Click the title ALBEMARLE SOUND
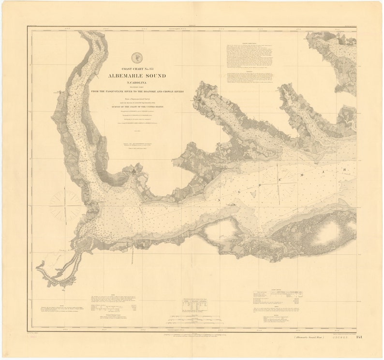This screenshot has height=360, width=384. click(x=137, y=76)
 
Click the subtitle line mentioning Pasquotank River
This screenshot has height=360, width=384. click(x=137, y=90)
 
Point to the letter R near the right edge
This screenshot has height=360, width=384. click(x=345, y=169)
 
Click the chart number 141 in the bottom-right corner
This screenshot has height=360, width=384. click(x=359, y=337)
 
